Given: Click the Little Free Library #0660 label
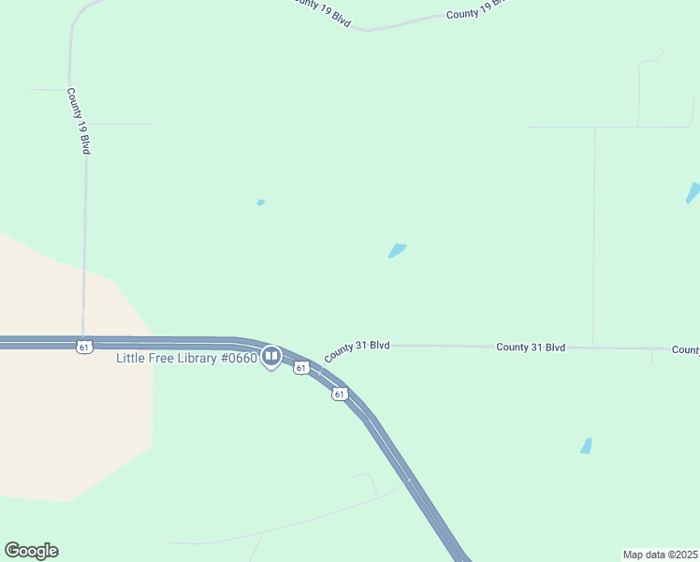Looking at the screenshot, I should click(185, 359).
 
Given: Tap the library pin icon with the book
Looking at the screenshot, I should click(271, 356).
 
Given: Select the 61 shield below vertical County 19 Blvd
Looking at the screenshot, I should click(84, 348).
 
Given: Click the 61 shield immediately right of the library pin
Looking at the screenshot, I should click(300, 368).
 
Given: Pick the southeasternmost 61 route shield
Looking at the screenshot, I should click(339, 394).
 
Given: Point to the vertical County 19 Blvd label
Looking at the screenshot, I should click(78, 122).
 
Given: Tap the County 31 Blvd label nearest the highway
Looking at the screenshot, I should click(357, 350).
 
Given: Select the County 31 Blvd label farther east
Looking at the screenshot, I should click(531, 347).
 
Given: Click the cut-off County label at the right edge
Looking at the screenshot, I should click(685, 349).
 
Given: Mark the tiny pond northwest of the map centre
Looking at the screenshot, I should click(260, 202).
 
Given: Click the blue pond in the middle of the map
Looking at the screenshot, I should click(397, 251).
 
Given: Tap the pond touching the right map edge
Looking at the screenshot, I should click(693, 193).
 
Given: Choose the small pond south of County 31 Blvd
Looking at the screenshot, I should click(586, 446).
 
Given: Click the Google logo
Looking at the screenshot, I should click(32, 551).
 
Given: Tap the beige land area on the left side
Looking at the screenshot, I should click(66, 403).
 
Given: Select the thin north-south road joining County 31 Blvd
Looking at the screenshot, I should click(593, 234).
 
